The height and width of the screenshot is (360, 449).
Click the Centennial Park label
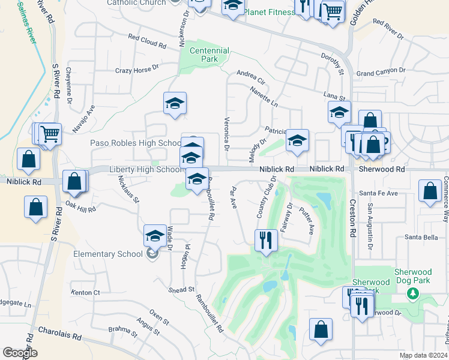pos(209,55)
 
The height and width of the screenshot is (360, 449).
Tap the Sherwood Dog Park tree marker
pos(412,293)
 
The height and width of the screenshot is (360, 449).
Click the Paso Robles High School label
pos(136,143)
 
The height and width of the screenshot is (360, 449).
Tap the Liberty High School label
pos(145,170)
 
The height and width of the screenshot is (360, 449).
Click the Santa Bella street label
pos(421,237)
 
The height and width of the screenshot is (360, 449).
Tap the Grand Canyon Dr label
pos(381,71)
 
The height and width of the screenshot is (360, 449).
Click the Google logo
pos(20,353)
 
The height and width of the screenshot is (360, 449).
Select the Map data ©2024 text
pos(423,355)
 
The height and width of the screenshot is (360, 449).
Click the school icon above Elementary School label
pos(155,236)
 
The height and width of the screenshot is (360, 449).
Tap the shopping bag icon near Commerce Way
pos(430,192)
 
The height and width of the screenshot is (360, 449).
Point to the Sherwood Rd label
pos(382,170)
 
